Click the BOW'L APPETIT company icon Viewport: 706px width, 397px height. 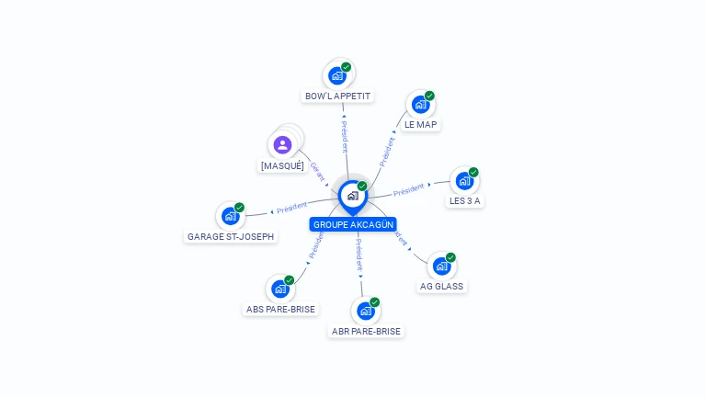(x=337, y=75)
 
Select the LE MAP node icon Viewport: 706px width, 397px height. (x=420, y=104)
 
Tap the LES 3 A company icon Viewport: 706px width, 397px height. (x=464, y=181)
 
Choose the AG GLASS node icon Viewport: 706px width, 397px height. (x=441, y=267)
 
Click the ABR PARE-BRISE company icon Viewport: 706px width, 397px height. (x=365, y=311)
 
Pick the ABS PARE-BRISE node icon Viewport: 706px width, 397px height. (x=280, y=289)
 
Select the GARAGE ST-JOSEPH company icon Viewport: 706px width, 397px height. (x=230, y=216)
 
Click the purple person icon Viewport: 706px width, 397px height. (x=283, y=144)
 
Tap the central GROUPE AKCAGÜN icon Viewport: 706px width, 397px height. (x=352, y=195)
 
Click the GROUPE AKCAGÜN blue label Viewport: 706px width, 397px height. (x=353, y=224)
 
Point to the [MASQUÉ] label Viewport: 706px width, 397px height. (x=282, y=166)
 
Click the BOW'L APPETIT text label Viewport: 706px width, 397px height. (x=338, y=96)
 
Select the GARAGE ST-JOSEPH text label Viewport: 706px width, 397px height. (x=231, y=236)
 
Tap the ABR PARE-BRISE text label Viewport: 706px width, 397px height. (x=366, y=331)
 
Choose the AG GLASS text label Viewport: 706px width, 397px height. (x=442, y=286)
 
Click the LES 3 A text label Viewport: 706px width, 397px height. (x=465, y=200)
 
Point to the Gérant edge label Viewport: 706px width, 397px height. (x=318, y=172)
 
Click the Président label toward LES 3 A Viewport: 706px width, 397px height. (x=409, y=190)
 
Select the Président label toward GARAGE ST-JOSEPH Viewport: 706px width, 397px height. (x=291, y=208)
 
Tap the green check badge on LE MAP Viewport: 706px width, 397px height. (x=429, y=96)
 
